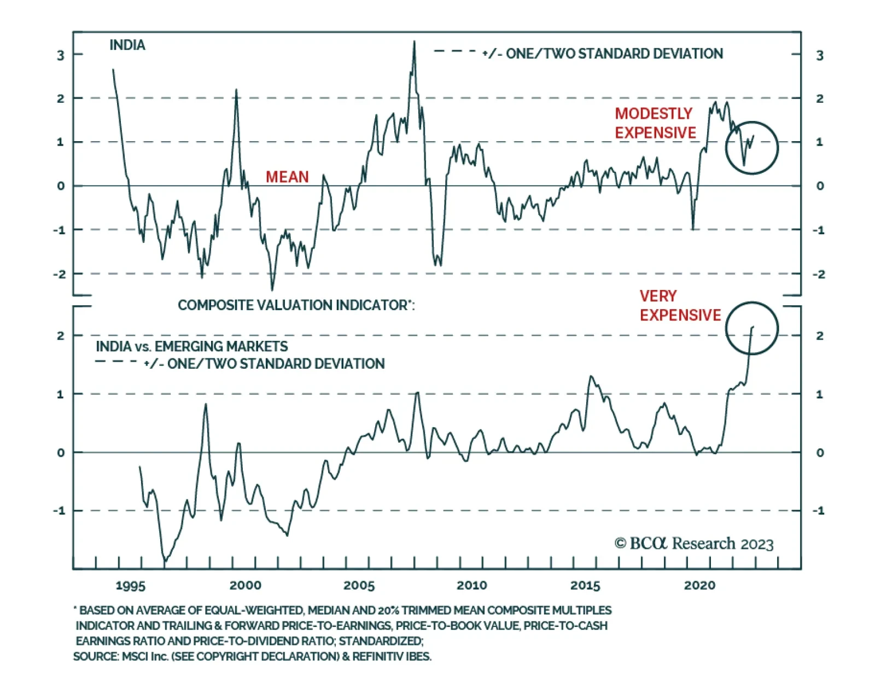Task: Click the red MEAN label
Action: click(x=287, y=177)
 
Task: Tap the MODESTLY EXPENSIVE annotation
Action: click(x=655, y=123)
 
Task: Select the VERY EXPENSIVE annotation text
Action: click(x=680, y=305)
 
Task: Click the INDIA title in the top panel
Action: click(x=127, y=45)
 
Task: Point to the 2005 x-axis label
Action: click(x=359, y=585)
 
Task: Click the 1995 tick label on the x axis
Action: click(x=130, y=585)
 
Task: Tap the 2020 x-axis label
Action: click(x=699, y=585)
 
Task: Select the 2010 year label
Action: click(x=472, y=585)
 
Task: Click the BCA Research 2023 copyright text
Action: click(x=693, y=543)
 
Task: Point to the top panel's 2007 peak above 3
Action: click(x=414, y=42)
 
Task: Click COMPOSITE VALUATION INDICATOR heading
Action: click(x=296, y=305)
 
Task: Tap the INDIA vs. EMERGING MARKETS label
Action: click(x=191, y=346)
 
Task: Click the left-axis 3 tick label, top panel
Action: click(x=61, y=55)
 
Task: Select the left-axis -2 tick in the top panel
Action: click(x=59, y=274)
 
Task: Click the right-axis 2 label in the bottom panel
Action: click(x=819, y=335)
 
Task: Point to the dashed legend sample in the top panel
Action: click(x=455, y=51)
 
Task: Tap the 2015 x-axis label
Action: click(x=585, y=585)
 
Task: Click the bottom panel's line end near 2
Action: click(x=752, y=327)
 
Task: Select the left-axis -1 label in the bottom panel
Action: click(x=59, y=510)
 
